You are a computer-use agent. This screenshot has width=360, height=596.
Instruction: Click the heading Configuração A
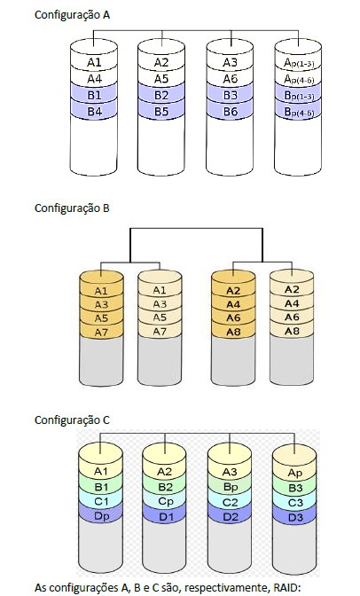[x=72, y=15]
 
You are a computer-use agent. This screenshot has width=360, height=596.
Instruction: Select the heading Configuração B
[x=72, y=208]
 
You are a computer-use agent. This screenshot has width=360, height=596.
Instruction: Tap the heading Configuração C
[x=72, y=420]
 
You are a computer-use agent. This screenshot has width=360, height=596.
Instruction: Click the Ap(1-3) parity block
[x=299, y=63]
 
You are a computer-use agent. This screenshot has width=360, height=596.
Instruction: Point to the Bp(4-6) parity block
[x=299, y=112]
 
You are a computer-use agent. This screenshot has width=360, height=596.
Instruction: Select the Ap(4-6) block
[x=299, y=79]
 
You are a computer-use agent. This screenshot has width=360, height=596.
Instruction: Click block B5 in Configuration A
[x=161, y=112]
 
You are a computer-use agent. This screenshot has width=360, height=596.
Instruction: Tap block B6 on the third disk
[x=230, y=112]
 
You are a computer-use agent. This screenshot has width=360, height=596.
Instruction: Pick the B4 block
[x=94, y=112]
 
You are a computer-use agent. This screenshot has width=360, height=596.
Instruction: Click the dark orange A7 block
[x=101, y=332]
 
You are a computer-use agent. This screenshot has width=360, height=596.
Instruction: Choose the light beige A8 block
[x=292, y=331]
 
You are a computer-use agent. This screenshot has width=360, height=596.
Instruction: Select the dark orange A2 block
[x=233, y=291]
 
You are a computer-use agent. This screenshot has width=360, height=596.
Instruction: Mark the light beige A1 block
[x=160, y=291]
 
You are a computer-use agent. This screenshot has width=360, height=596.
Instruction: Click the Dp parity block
[x=101, y=516]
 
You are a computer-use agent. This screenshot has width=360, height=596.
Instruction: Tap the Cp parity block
[x=165, y=501]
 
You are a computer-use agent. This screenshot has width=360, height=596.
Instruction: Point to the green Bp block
[x=230, y=487]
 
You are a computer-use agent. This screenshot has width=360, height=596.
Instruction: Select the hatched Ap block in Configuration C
[x=294, y=473]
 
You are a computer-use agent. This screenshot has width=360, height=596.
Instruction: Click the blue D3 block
[x=294, y=517]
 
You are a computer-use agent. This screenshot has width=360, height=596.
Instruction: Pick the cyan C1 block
[x=101, y=501]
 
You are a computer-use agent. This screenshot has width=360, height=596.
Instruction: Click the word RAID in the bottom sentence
[x=287, y=587]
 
